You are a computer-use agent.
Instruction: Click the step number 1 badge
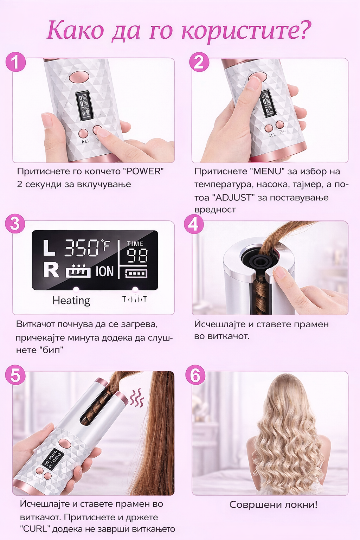15,62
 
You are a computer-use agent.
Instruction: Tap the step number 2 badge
199,62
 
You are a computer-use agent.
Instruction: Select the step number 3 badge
15,223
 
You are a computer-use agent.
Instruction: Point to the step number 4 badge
194,224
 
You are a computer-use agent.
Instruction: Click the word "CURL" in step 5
35,529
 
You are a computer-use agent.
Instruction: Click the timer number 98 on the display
137,256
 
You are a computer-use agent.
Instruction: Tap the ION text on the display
104,271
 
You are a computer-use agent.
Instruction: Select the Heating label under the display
71,301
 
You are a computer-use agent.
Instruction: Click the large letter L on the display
49,248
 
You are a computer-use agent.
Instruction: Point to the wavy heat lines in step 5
137,398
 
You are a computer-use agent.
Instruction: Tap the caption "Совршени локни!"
273,505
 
